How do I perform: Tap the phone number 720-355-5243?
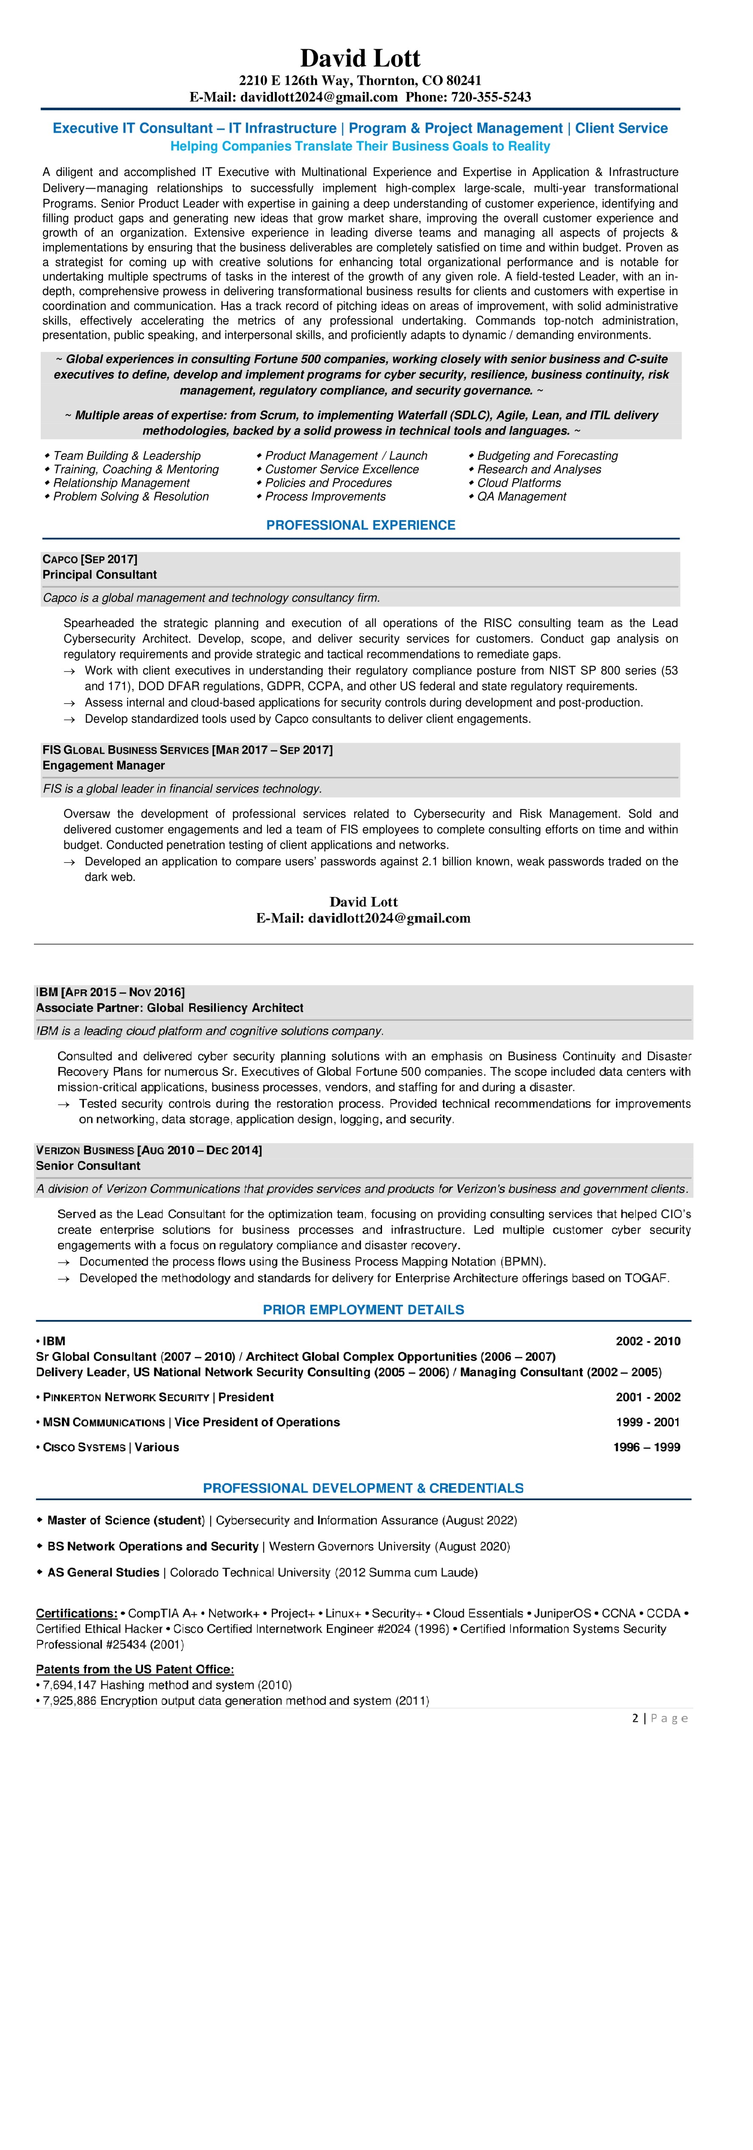tap(491, 97)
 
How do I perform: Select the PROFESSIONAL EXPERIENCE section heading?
tap(361, 525)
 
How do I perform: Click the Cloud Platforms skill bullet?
tap(519, 482)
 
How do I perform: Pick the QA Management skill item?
tap(521, 497)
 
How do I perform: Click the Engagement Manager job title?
tap(103, 766)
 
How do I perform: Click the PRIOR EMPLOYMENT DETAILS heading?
tap(363, 1309)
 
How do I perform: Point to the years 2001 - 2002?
tap(648, 1397)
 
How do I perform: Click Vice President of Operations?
tap(257, 1422)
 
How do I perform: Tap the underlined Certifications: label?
tap(76, 1613)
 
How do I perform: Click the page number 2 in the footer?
tap(635, 1718)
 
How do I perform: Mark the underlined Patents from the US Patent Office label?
tap(134, 1669)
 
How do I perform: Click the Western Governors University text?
tap(349, 1546)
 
